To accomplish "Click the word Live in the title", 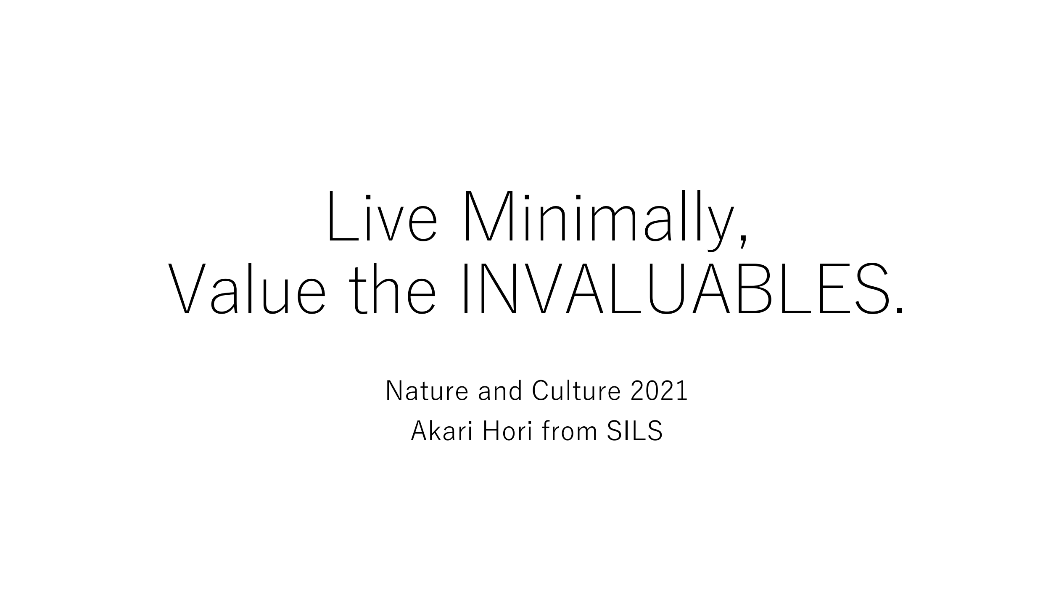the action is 383,217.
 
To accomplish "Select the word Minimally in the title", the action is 600,221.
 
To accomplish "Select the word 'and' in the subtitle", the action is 500,391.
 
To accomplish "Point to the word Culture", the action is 576,391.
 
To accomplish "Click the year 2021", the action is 659,391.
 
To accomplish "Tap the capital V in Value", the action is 187,288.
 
